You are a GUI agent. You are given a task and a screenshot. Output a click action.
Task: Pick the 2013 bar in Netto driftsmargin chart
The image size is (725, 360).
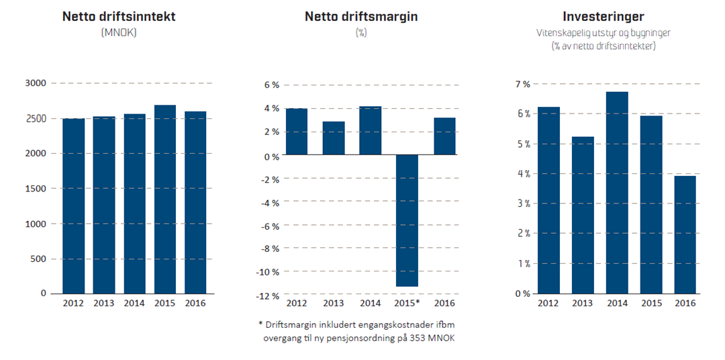point(334,138)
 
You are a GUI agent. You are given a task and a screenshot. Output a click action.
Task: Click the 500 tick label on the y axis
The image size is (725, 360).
point(38,259)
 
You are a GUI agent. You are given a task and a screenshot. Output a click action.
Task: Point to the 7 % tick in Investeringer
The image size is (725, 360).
point(522,84)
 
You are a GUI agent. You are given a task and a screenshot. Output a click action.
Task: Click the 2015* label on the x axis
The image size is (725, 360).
point(408,304)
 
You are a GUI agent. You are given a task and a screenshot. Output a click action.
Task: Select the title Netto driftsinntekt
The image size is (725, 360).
point(119,17)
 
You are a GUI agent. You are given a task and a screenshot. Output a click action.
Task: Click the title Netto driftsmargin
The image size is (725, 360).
point(361,17)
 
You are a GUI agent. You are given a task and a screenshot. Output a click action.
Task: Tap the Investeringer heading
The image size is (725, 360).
point(603,17)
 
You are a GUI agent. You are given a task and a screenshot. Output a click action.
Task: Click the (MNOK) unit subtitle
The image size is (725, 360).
point(119,32)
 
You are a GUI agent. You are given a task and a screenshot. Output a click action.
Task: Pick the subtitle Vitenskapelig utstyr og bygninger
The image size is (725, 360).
point(603,32)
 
